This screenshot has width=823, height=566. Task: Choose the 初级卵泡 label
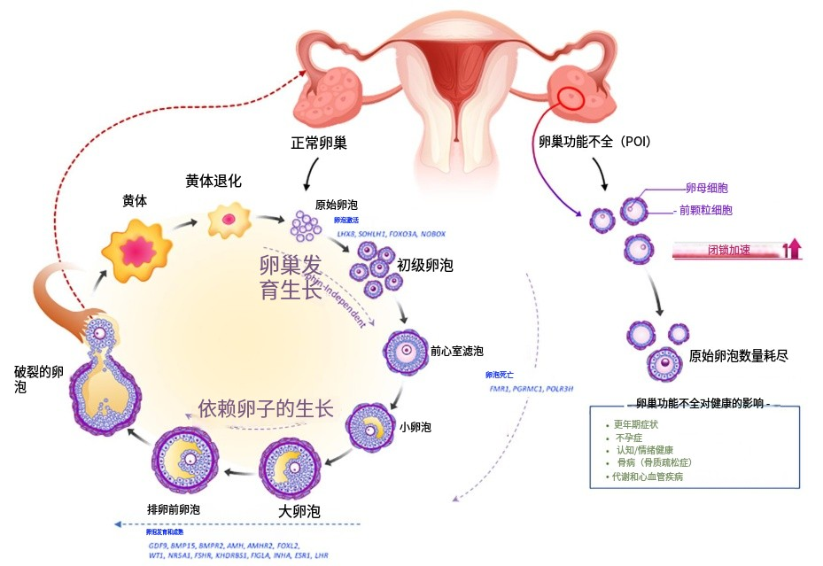pyautogui.click(x=425, y=265)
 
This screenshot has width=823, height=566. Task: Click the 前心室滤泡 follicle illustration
pyautogui.click(x=405, y=352)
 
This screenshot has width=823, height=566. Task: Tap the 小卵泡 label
pyautogui.click(x=415, y=427)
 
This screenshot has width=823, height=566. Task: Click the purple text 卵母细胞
pyautogui.click(x=707, y=188)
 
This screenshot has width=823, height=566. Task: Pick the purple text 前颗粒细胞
pyautogui.click(x=706, y=211)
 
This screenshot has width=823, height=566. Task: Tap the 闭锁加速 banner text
pyautogui.click(x=728, y=250)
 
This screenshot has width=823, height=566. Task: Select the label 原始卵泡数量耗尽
pyautogui.click(x=739, y=356)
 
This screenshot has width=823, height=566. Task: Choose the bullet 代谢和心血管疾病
pyautogui.click(x=648, y=476)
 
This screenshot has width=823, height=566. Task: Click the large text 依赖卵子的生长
pyautogui.click(x=266, y=408)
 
